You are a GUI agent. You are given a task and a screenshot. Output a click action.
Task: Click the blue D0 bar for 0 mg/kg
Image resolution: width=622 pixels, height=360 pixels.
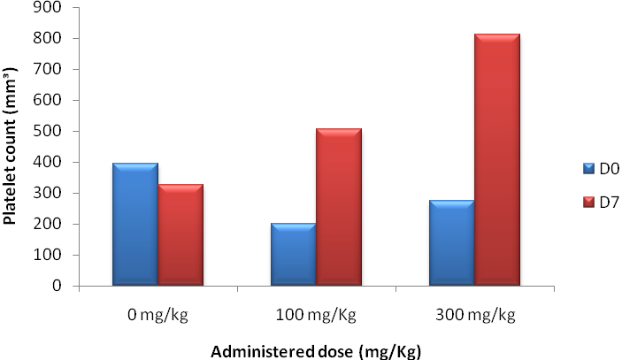tap(135, 225)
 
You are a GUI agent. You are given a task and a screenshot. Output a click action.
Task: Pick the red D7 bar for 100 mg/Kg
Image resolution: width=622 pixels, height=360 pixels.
tap(339, 207)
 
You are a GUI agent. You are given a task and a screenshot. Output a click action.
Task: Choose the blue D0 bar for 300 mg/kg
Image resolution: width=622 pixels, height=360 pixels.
tap(451, 243)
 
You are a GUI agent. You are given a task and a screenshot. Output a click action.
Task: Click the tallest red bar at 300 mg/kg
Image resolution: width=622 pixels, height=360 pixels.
tap(497, 160)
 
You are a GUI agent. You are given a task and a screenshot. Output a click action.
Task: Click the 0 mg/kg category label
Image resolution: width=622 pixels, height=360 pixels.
tap(157, 314)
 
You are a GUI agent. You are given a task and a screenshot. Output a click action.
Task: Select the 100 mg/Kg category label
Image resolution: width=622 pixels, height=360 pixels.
tap(316, 314)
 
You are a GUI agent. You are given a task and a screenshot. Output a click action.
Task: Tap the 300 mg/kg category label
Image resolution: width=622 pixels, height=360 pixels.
tap(474, 314)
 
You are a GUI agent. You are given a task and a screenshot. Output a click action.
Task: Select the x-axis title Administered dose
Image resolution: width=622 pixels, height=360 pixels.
tap(316, 350)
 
